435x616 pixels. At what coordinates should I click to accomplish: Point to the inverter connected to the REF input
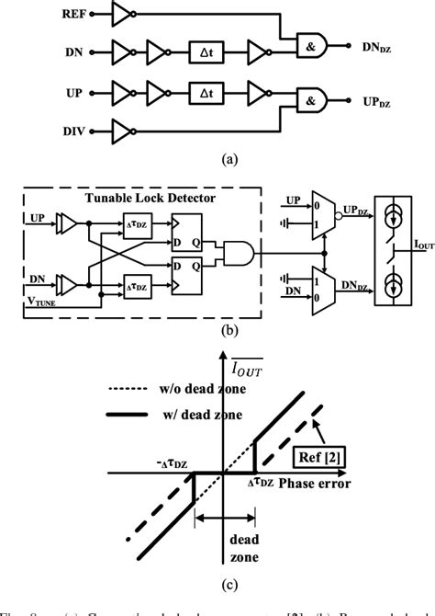click(x=121, y=15)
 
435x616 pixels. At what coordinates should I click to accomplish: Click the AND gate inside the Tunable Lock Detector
click(x=242, y=251)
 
